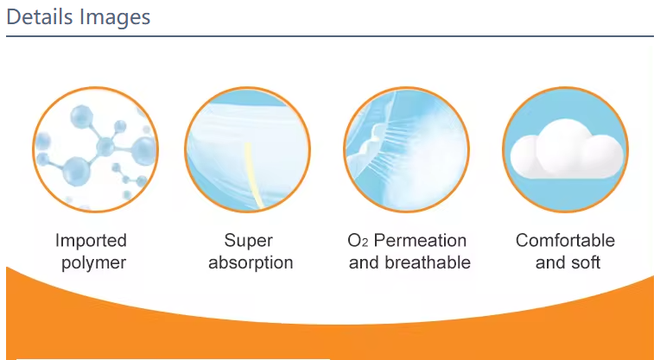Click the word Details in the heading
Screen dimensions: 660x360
[x=40, y=17]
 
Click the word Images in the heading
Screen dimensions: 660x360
[x=115, y=18]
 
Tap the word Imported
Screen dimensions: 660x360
[x=91, y=241]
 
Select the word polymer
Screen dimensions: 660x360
[x=93, y=262]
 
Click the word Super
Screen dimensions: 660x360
[x=248, y=241]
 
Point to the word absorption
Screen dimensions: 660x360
[x=251, y=262]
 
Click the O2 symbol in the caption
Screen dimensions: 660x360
[x=358, y=241]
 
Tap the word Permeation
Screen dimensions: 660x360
[x=420, y=241]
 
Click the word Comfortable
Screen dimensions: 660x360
[x=565, y=241]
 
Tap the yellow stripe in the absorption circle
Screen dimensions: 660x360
[x=252, y=175]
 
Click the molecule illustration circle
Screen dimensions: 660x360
[x=96, y=149]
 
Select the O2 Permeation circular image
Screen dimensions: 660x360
[x=407, y=149]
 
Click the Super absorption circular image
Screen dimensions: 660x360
[x=247, y=149]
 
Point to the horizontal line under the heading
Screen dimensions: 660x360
[x=330, y=36]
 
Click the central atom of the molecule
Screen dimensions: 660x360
[x=105, y=147]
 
